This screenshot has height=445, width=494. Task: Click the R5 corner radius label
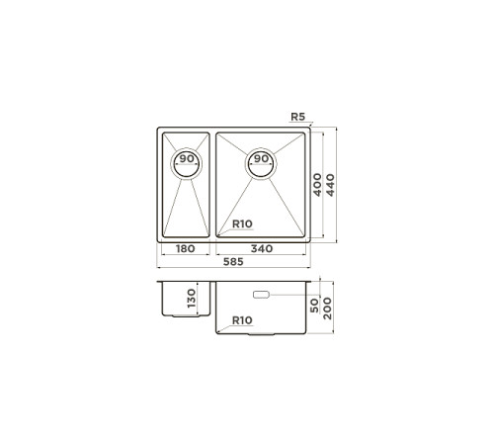pos(298,117)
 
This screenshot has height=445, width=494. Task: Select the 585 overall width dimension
pos(233,262)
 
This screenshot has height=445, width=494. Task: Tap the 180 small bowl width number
pos(186,248)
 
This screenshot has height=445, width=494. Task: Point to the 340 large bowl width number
pos(262,248)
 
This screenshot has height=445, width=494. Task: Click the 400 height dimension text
pos(317,185)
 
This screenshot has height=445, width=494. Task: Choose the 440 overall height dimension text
pos(330,185)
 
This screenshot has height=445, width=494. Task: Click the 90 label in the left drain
pos(187,158)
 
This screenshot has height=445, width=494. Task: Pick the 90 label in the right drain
pos(261,158)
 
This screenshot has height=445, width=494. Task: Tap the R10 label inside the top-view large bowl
pos(242,223)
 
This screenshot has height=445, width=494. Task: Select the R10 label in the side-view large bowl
pos(242,320)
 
